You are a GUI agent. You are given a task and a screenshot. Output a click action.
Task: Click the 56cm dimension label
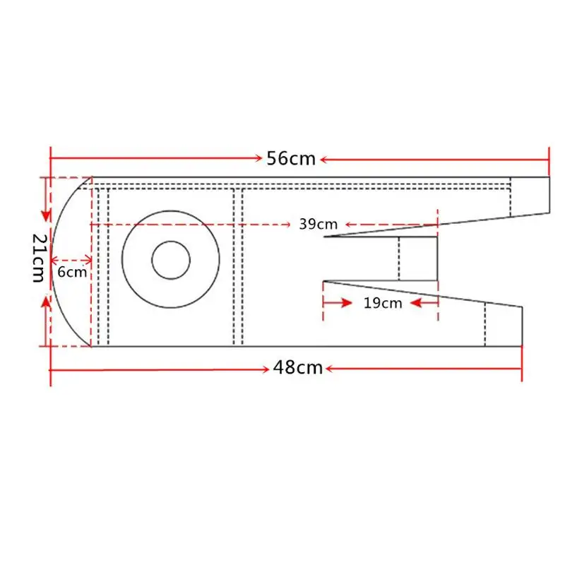pyautogui.click(x=291, y=158)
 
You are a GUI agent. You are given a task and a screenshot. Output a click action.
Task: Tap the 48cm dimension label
pyautogui.click(x=298, y=368)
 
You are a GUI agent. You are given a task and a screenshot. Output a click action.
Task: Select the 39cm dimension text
pyautogui.click(x=319, y=224)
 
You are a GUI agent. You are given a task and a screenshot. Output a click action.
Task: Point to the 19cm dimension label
pyautogui.click(x=383, y=303)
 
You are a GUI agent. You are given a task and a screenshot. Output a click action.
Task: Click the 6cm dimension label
pyautogui.click(x=72, y=272)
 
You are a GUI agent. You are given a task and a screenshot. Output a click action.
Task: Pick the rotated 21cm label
pyautogui.click(x=40, y=258)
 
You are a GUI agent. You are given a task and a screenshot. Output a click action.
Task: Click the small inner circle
pyautogui.click(x=171, y=260)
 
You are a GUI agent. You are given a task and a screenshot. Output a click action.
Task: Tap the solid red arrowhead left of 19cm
pyautogui.click(x=347, y=303)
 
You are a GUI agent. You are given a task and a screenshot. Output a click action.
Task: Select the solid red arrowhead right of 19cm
pyautogui.click(x=416, y=303)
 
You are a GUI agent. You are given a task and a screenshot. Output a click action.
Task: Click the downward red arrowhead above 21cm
pyautogui.click(x=46, y=215)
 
